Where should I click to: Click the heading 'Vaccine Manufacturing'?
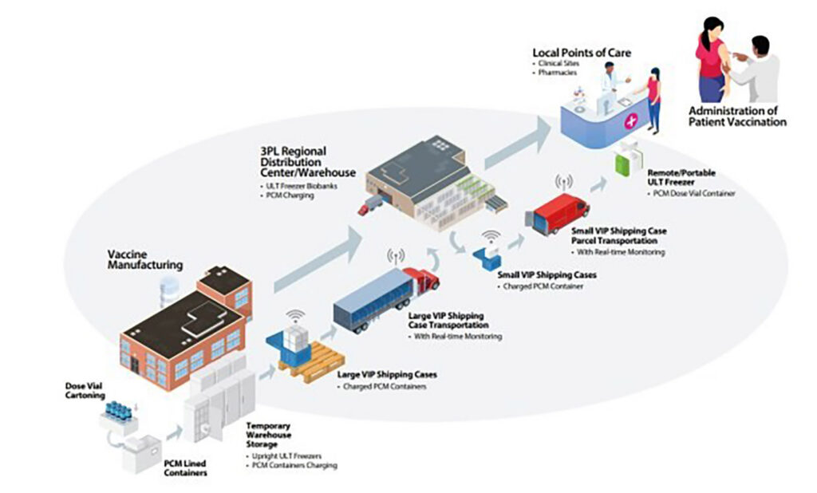144,259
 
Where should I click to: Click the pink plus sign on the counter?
632,121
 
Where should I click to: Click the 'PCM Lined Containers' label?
186,468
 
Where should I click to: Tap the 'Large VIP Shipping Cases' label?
387,374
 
